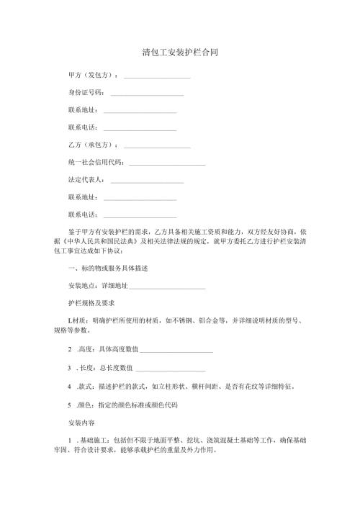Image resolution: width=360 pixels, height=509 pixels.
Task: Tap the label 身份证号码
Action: (x=85, y=93)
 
